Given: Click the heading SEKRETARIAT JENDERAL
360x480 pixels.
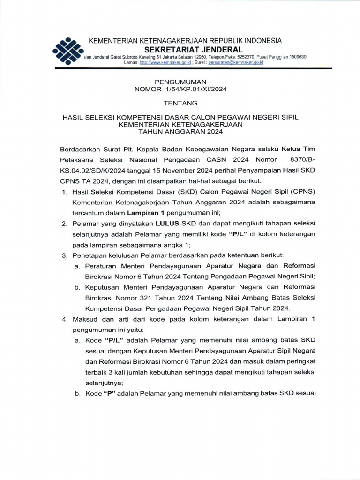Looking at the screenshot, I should tap(193, 50).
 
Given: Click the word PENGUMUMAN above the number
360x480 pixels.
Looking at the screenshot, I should tap(180, 82).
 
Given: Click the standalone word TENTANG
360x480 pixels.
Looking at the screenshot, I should tap(180, 103).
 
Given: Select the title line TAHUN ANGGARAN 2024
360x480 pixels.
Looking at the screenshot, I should tap(180, 132).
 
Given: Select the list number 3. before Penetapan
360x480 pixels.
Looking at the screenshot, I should tap(66, 255).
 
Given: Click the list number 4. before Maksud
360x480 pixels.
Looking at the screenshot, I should tap(66, 319).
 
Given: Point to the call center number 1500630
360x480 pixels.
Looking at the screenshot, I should tap(295, 57).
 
